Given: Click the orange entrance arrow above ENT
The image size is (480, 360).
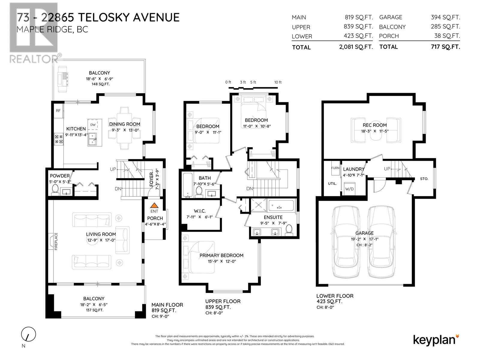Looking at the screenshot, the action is tap(154, 205).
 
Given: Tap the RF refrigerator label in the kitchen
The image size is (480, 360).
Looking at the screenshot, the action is tap(58, 111).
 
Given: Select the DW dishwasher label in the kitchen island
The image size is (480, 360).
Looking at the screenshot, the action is tap(93, 125).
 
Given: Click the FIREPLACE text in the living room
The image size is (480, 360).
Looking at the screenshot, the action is tap(56, 241).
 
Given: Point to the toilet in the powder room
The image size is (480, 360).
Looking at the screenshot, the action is tap(55, 189).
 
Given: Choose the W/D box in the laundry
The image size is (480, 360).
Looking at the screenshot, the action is tap(349, 189).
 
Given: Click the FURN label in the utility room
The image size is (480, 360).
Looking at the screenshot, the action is tap(335, 168).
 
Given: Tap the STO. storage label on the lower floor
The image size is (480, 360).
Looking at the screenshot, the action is tap(424, 179).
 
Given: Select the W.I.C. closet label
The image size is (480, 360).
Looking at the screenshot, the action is tap(200, 211).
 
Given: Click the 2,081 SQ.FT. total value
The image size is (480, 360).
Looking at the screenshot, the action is tap(356, 47).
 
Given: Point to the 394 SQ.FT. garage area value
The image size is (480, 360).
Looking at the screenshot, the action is tap(445, 17).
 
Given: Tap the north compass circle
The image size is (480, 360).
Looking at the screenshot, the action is tap(28, 334).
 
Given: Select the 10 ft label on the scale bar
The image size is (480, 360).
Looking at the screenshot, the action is tap(278, 82).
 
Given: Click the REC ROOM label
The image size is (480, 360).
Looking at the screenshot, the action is tap(375, 125).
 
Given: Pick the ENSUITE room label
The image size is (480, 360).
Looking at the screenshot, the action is tap(273, 217).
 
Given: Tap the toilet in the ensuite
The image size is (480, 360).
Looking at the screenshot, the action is tap(289, 230).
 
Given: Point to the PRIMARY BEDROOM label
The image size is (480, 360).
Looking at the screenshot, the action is tap(221, 255).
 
